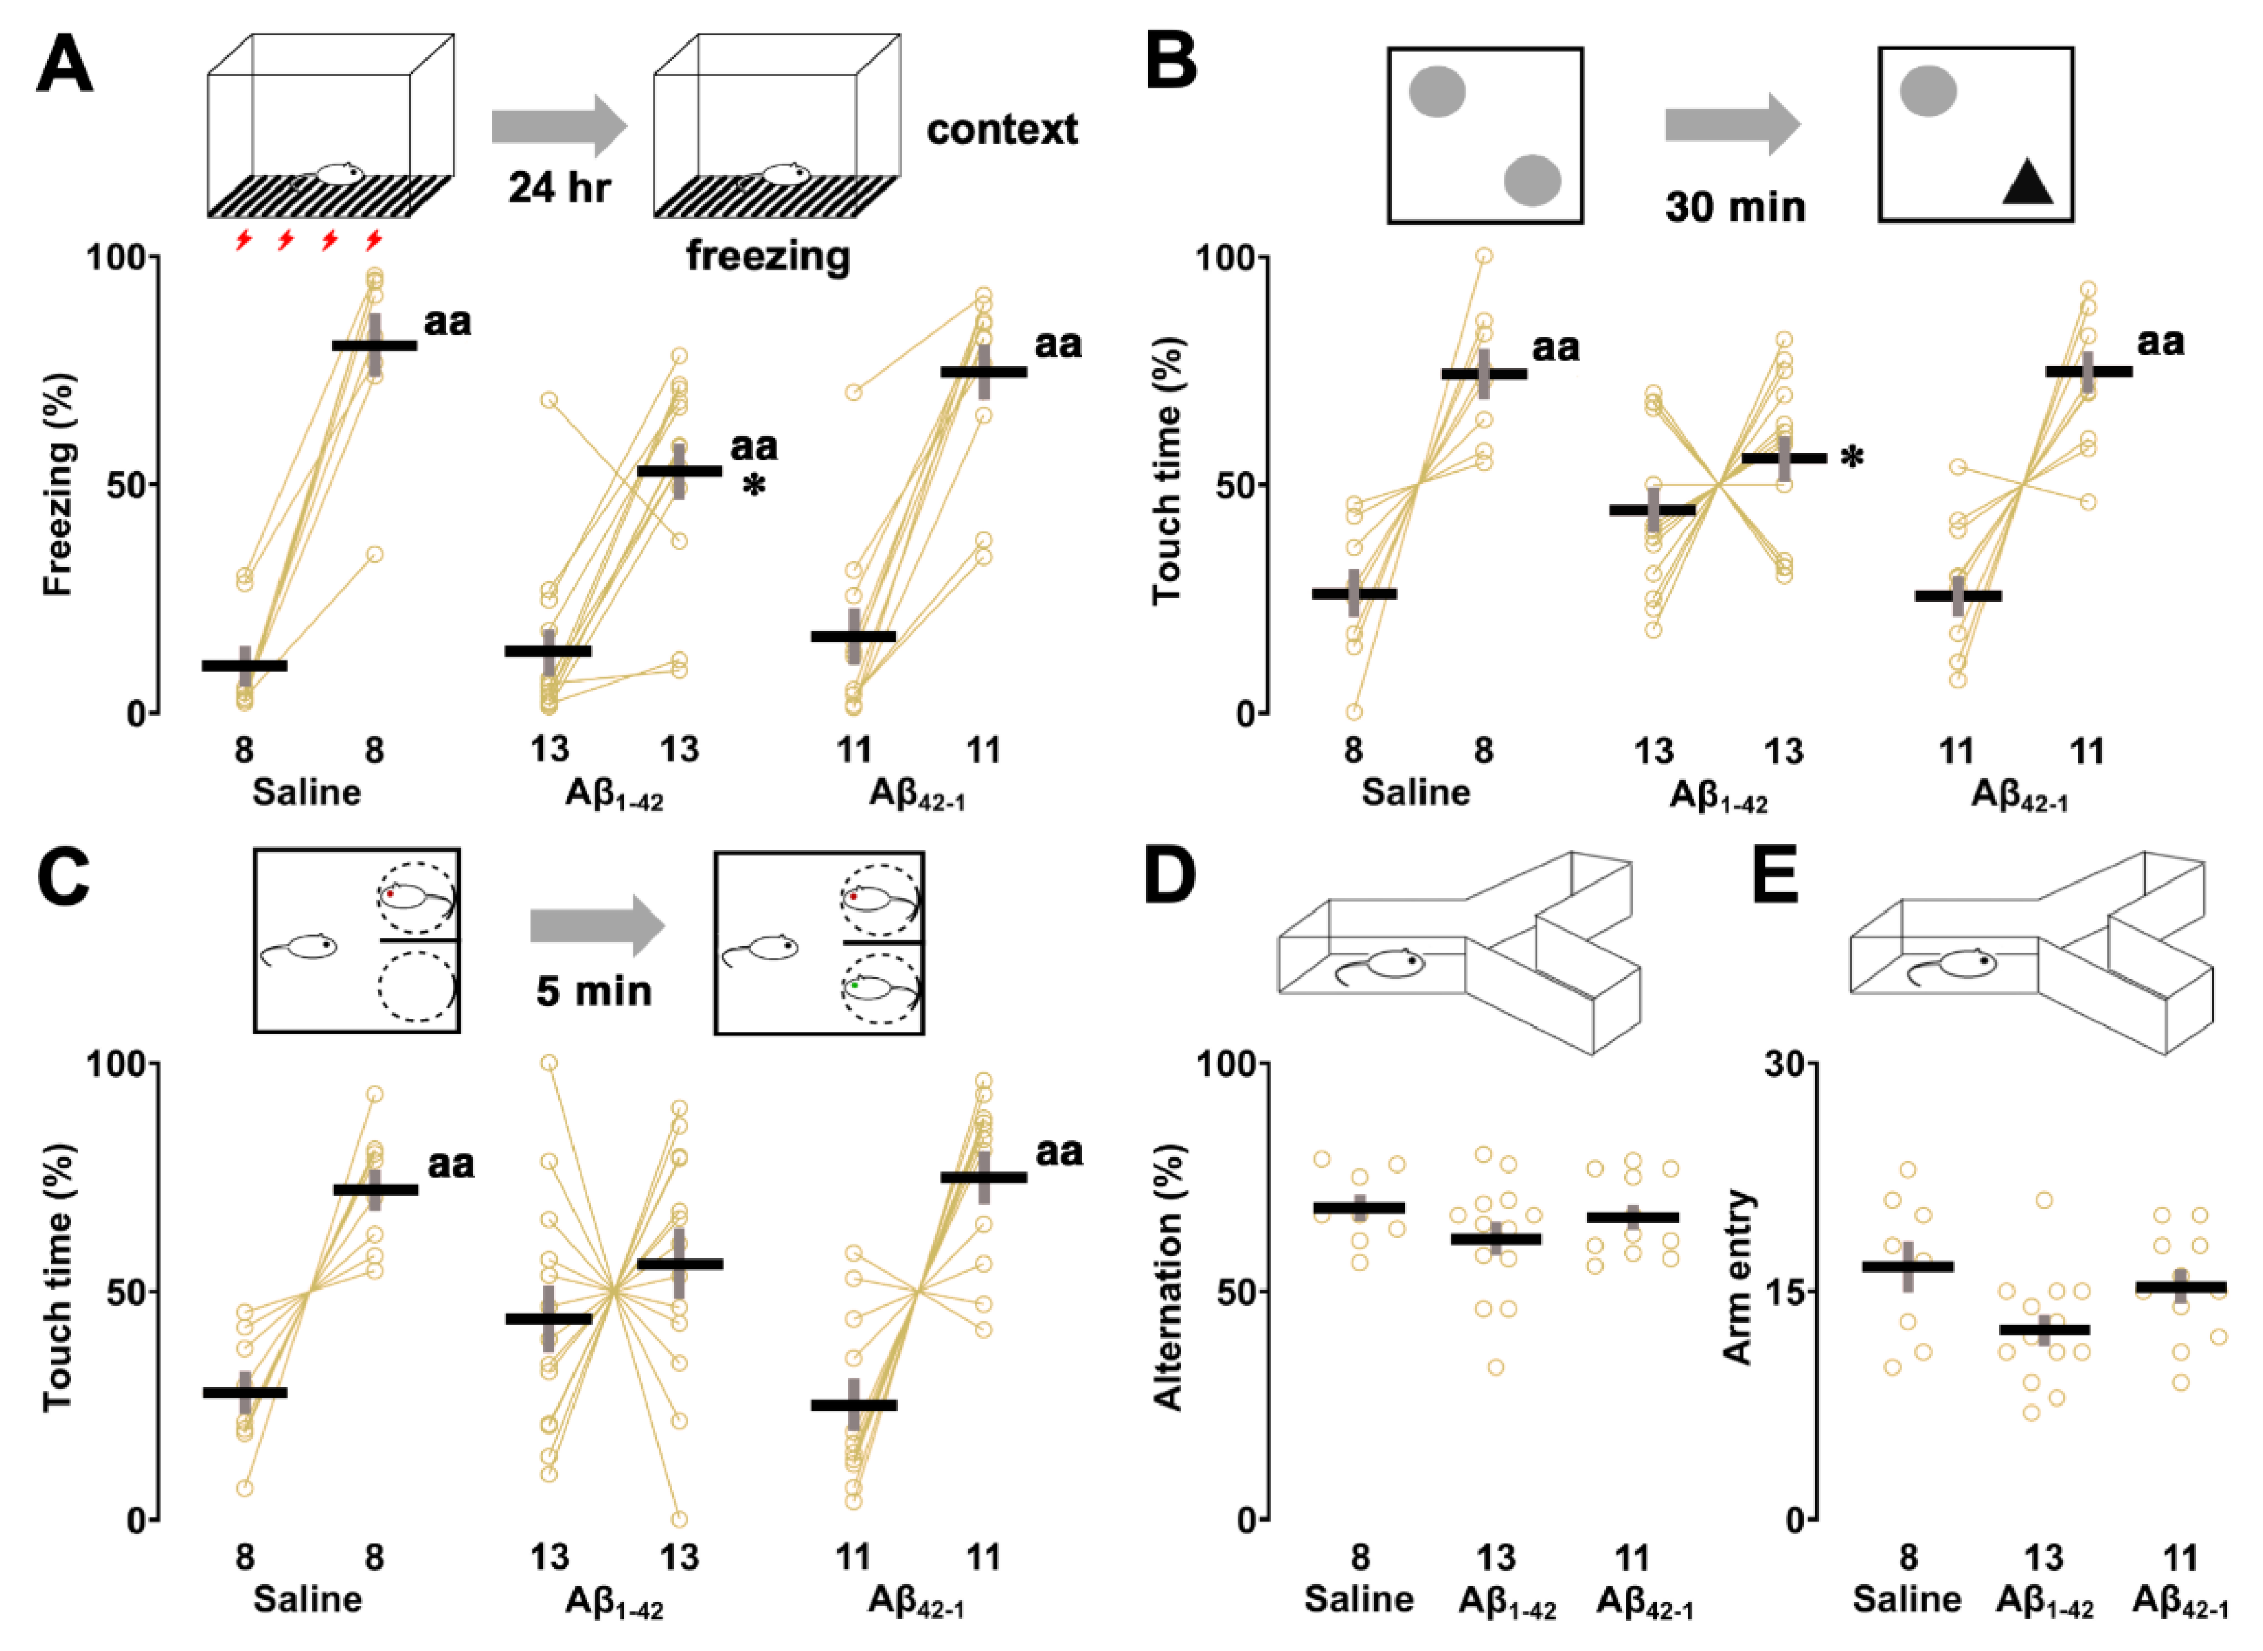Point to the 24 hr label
click(x=558, y=187)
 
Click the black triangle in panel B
click(x=2027, y=184)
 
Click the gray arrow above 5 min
click(x=597, y=925)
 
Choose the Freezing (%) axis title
click(x=58, y=485)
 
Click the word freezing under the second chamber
click(x=768, y=257)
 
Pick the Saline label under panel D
click(x=1359, y=1600)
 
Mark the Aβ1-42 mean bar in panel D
click(x=1496, y=1239)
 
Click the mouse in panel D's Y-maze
click(x=1387, y=965)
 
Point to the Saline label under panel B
click(x=1416, y=792)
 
